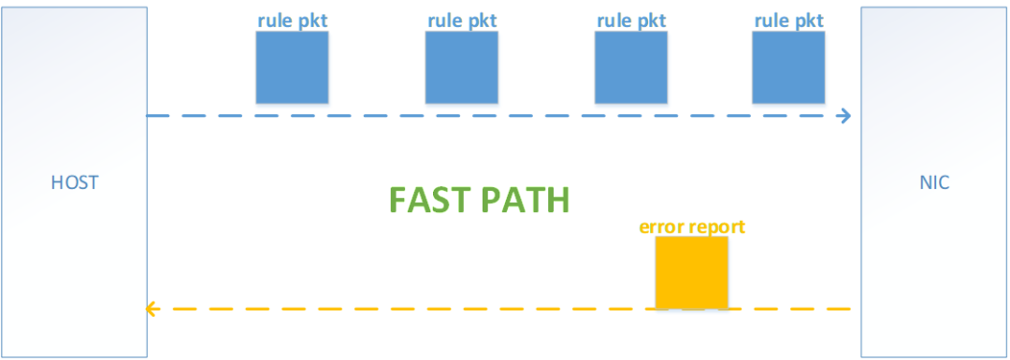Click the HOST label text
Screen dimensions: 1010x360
pos(74,183)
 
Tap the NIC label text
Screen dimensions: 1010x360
pos(934,183)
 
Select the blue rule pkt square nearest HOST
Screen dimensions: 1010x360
pos(293,67)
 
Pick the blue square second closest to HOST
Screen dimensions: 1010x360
pos(462,67)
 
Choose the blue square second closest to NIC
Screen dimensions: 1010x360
pos(631,67)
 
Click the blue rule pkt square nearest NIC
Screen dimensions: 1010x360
pos(789,67)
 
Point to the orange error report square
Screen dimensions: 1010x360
pos(692,272)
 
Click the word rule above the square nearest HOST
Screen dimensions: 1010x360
pos(273,20)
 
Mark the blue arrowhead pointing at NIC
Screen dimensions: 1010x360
pos(845,116)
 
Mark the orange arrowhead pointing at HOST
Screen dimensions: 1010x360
pos(152,310)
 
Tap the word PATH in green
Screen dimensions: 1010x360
pos(527,200)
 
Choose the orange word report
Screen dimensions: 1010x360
pos(715,228)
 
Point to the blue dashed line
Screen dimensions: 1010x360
pos(499,116)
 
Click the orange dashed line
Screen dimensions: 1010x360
pos(498,310)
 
